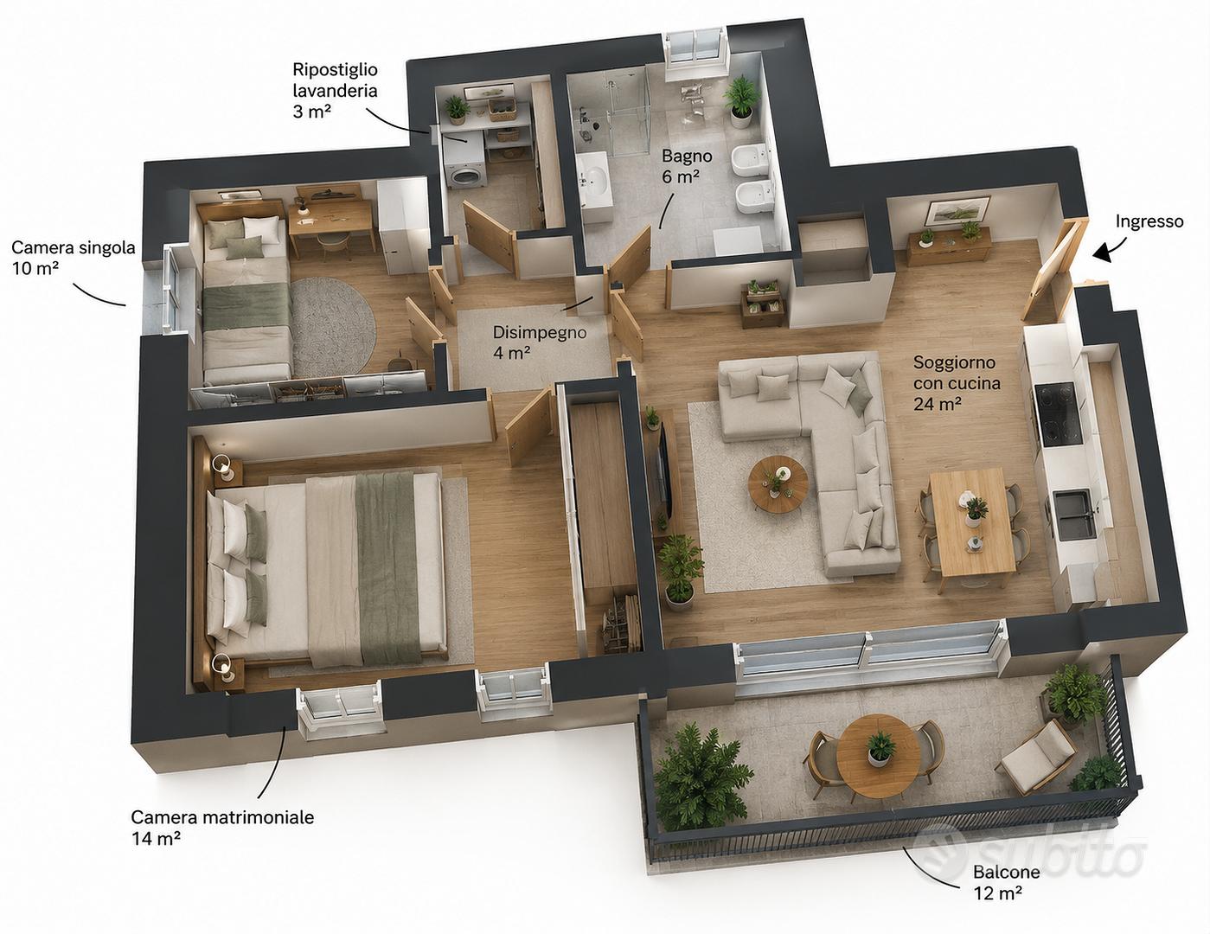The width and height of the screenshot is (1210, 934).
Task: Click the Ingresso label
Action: (1149, 221)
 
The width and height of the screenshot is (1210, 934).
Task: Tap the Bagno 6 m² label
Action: (686, 166)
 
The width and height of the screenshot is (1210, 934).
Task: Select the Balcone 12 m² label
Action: (1006, 883)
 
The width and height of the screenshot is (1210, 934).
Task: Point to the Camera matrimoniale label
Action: (222, 817)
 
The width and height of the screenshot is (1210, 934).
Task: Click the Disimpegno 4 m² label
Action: (539, 342)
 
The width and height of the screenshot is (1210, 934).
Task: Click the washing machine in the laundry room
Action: (464, 162)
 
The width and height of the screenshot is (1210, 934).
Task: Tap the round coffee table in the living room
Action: (778, 482)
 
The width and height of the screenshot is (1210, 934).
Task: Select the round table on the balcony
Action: (878, 755)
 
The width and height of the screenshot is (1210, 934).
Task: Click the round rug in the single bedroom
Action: (333, 326)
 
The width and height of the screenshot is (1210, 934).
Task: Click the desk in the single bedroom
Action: (330, 221)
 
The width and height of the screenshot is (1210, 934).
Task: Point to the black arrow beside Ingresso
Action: (1111, 249)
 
